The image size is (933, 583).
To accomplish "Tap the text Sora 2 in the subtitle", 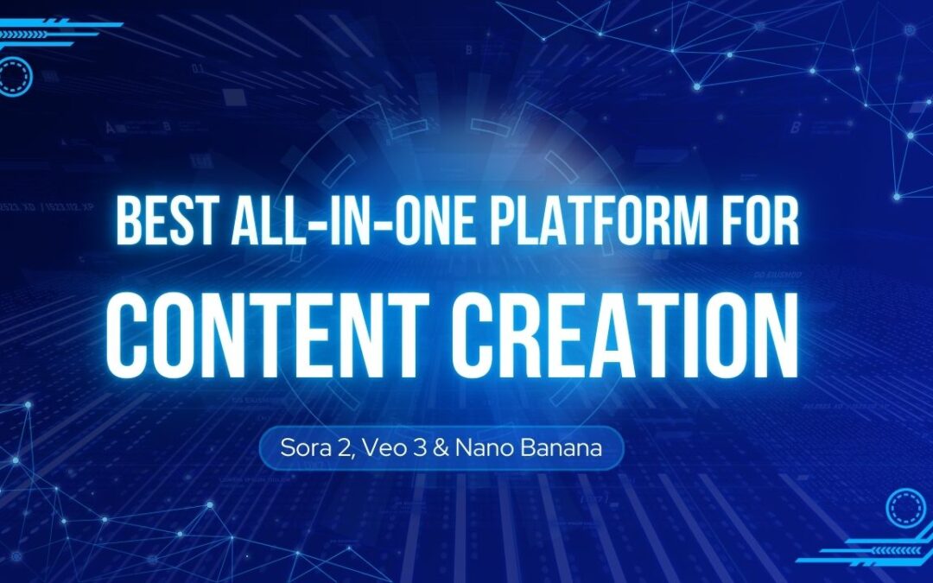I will click(x=312, y=449).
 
